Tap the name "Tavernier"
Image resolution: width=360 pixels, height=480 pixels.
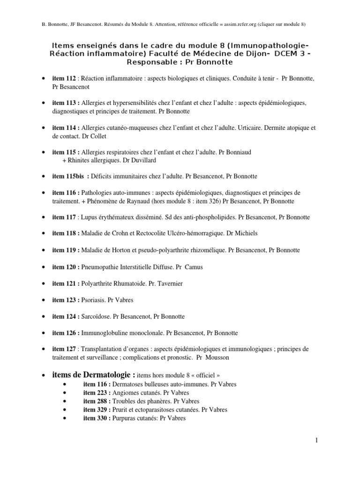pos(173,284)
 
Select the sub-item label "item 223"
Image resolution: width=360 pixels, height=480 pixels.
pos(97,393)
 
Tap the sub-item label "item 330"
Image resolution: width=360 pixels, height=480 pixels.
pos(97,418)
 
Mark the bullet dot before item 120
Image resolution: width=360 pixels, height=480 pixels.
pos(44,267)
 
